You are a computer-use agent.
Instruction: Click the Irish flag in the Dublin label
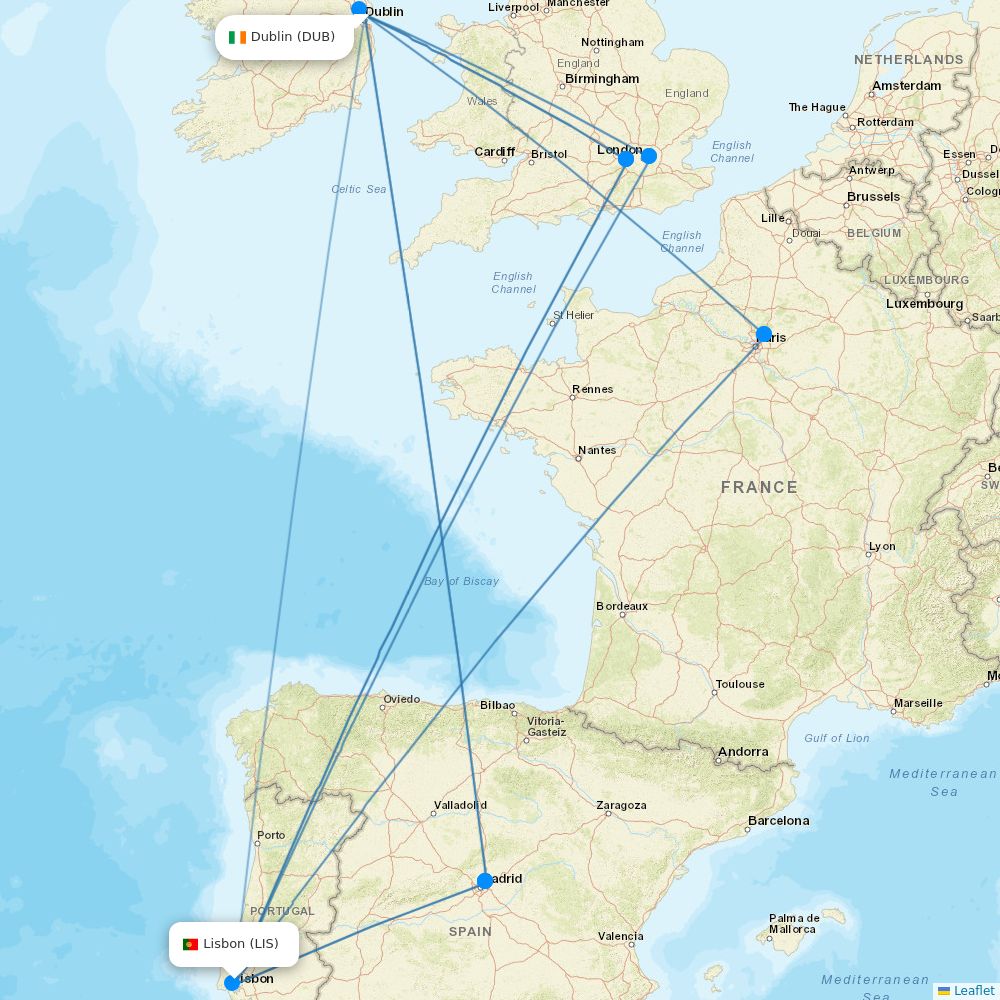point(237,37)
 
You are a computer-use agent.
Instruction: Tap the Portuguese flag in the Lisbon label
point(190,944)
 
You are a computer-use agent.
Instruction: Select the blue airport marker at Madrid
point(485,881)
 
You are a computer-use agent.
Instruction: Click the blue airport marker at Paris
point(764,335)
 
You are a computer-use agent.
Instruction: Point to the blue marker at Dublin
point(359,9)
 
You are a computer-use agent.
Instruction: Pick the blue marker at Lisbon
point(232,983)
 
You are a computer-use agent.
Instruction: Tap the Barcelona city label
point(778,821)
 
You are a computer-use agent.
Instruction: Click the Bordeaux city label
point(622,606)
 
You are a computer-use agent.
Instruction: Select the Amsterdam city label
point(906,86)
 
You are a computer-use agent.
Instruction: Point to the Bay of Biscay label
point(461,581)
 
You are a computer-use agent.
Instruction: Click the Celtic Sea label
point(358,189)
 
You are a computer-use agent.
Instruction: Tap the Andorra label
point(743,752)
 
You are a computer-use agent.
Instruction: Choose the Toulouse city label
point(740,684)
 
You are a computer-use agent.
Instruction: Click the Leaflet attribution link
point(973,991)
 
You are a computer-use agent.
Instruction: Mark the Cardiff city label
point(495,152)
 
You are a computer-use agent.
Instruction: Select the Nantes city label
point(597,450)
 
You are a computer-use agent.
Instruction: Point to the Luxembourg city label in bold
point(924,304)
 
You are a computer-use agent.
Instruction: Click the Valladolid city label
point(460,805)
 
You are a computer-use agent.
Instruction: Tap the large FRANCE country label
point(759,488)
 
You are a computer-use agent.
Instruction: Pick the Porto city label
point(271,835)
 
